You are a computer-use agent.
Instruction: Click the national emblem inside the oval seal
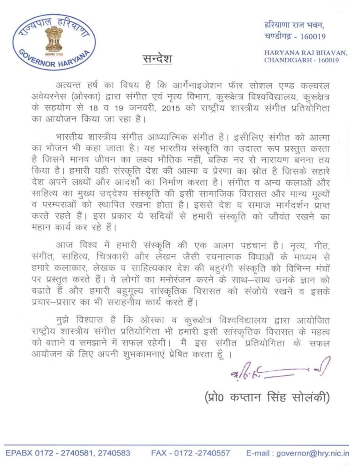[54, 38]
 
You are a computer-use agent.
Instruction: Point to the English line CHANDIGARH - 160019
[300, 61]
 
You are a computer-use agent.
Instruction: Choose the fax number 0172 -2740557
[202, 453]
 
